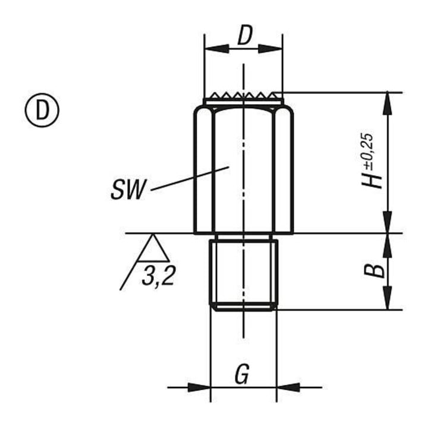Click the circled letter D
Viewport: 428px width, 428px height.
click(x=42, y=110)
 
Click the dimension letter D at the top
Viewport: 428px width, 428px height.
click(x=244, y=36)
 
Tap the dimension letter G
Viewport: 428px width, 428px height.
click(x=242, y=374)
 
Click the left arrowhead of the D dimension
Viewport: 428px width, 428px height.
click(x=216, y=49)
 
